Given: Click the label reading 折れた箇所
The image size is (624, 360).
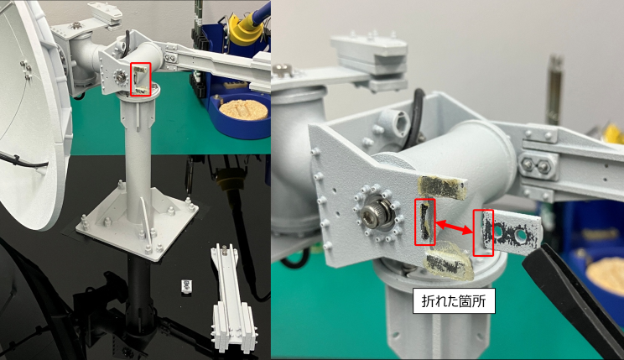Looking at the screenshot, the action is pyautogui.click(x=454, y=301).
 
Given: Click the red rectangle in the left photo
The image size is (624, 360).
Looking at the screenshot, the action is pyautogui.click(x=141, y=79).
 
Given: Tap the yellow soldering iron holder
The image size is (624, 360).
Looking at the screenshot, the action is pyautogui.click(x=243, y=31).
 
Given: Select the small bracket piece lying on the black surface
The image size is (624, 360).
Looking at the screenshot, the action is pyautogui.click(x=187, y=286).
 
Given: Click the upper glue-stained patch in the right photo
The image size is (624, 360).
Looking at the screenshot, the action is pyautogui.click(x=442, y=187).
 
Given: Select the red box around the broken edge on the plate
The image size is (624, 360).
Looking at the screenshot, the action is pyautogui.click(x=424, y=222).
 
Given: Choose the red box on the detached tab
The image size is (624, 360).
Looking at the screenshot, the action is pyautogui.click(x=483, y=233).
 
